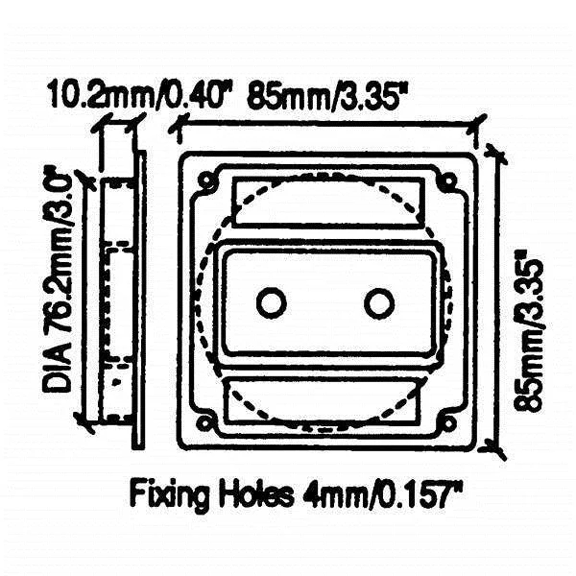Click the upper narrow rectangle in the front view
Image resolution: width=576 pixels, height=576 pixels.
[328, 201]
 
